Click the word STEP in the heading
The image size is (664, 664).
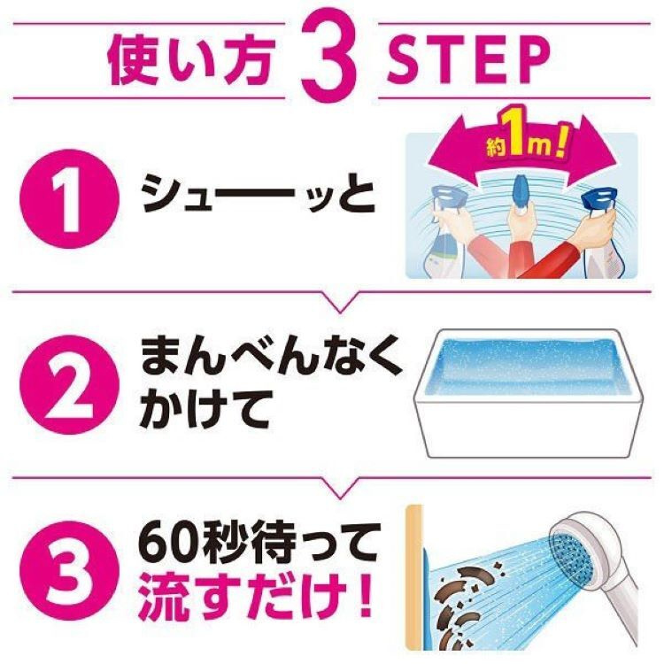point(468,60)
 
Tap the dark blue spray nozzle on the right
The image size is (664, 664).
point(598,203)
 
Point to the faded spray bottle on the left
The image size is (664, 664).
point(446,232)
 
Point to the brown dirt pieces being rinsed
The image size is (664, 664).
point(463,601)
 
